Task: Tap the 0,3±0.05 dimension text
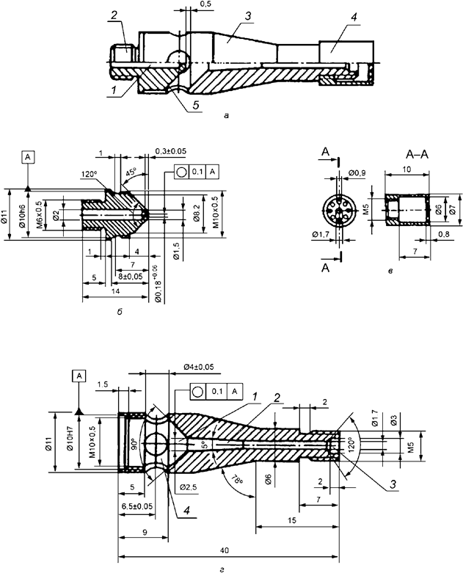pos(170,151)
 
